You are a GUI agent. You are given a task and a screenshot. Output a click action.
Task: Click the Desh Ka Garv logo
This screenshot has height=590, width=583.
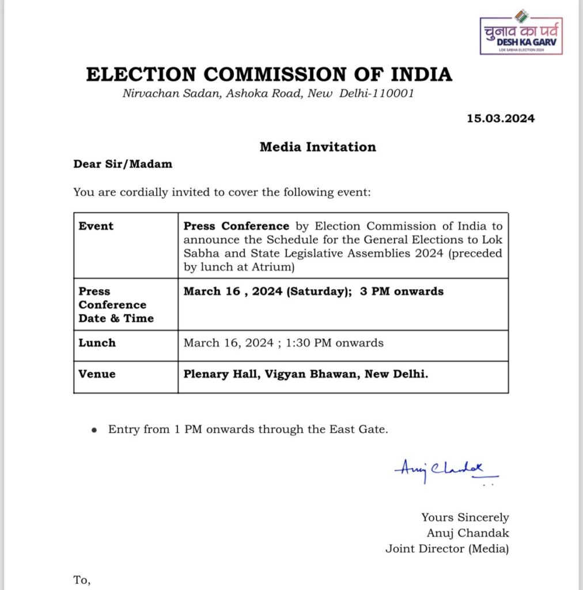521,36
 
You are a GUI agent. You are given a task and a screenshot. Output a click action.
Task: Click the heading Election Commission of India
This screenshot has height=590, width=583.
269,75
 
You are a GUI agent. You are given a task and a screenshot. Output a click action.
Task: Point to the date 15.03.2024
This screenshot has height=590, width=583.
501,119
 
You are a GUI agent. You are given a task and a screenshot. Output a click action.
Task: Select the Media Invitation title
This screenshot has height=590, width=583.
317,147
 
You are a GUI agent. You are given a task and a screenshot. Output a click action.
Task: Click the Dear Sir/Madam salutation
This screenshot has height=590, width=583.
123,164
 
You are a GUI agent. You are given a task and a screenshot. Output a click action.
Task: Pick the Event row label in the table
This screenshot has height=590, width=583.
96,226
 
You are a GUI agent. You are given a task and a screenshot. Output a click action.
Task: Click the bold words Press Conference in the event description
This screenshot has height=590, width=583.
236,226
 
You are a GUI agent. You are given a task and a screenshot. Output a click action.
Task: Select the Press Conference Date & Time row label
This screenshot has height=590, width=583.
113,305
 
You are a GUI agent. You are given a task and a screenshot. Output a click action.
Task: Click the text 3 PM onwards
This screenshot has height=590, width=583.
402,292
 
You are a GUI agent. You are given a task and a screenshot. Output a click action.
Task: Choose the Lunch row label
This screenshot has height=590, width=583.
97,343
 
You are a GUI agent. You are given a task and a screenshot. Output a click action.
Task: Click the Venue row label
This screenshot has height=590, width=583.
97,374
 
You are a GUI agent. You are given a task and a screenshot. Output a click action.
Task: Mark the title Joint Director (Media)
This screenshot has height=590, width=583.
447,549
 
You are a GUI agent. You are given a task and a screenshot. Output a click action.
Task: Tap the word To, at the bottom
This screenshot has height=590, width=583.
82,580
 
